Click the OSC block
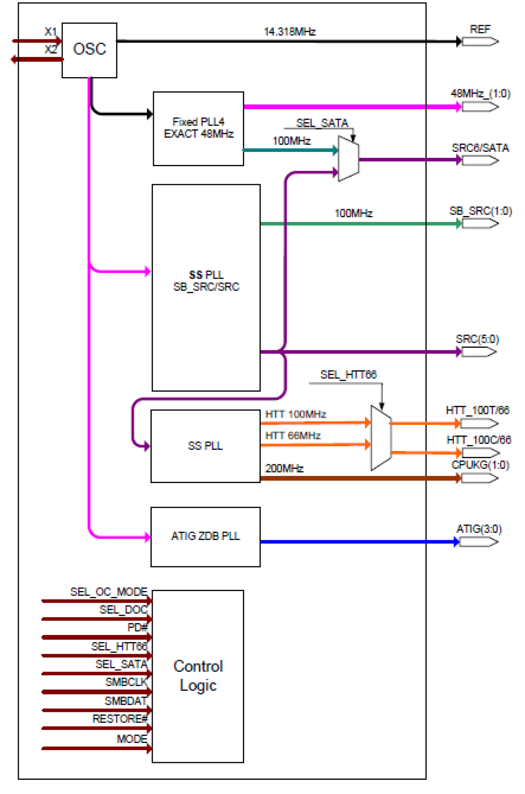(89, 50)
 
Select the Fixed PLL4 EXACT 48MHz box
(198, 128)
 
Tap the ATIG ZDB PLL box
(205, 536)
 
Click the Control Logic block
(198, 676)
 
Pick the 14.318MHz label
(290, 32)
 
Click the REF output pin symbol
(480, 41)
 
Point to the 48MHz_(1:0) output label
(480, 93)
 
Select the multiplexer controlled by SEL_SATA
(348, 159)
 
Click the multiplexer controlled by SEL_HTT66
(381, 438)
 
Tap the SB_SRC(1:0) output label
(480, 211)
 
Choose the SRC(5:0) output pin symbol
(479, 352)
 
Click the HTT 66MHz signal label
(293, 436)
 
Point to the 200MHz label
(284, 468)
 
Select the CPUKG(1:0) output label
(480, 465)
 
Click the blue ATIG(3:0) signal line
(355, 542)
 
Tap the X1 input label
(51, 31)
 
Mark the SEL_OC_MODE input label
(109, 592)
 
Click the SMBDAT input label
(126, 701)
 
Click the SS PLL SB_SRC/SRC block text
(206, 281)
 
